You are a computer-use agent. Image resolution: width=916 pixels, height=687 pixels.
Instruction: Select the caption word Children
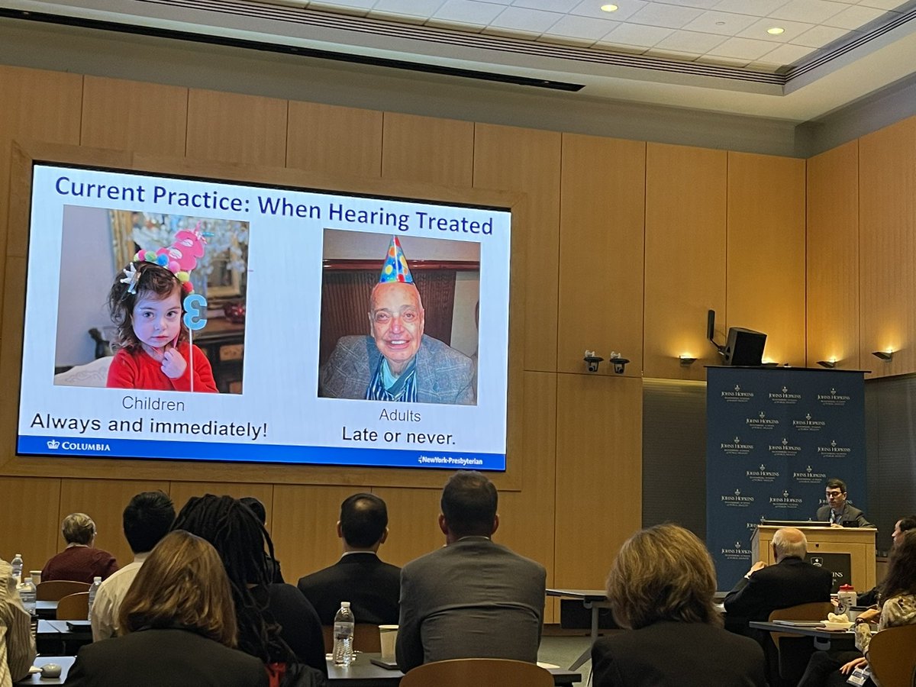(153, 404)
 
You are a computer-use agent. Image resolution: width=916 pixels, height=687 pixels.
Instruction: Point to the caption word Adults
(400, 416)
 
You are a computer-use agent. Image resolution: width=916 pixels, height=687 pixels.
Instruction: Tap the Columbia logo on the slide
(78, 446)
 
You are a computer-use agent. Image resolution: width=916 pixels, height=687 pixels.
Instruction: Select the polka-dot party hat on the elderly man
(395, 262)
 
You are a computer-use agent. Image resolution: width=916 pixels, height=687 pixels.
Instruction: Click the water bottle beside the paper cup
(343, 633)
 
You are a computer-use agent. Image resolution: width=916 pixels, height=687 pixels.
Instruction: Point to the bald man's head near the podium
(789, 543)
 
